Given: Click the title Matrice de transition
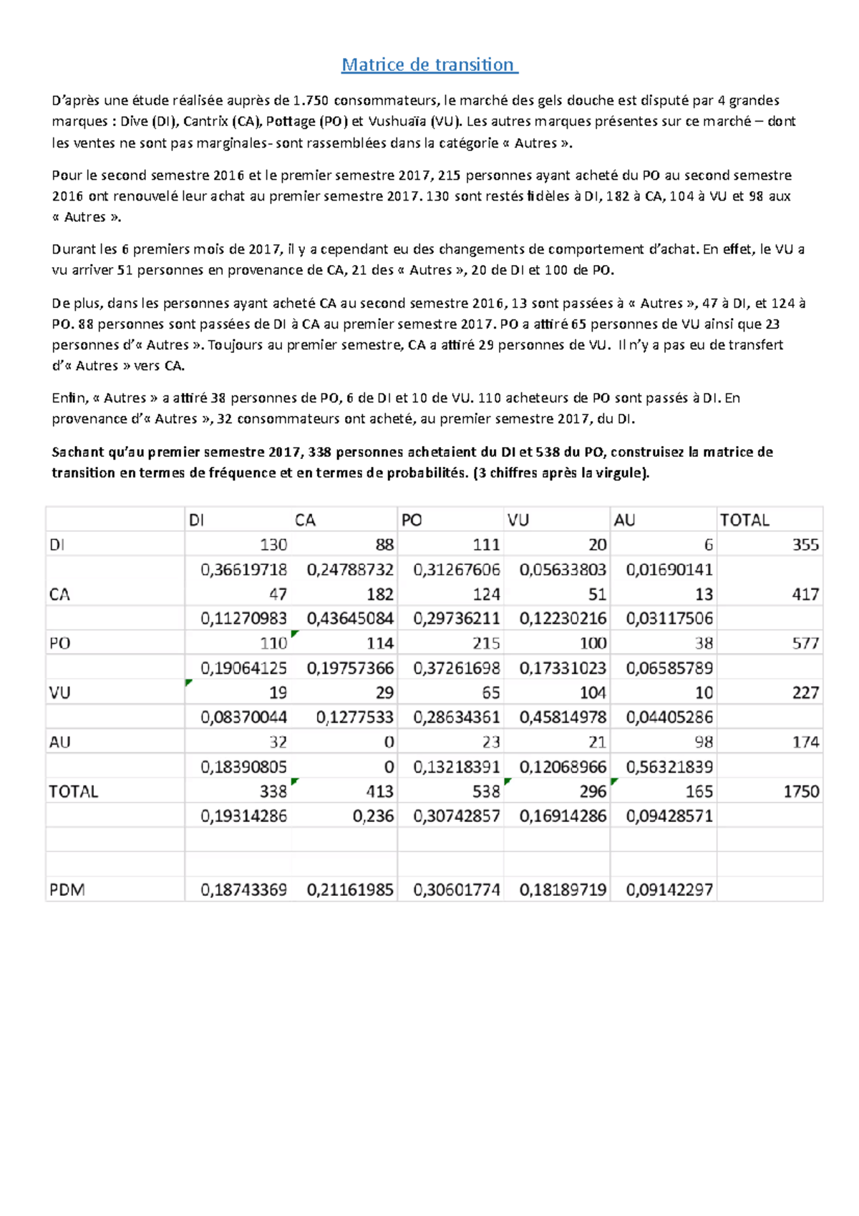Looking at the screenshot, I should pyautogui.click(x=429, y=64).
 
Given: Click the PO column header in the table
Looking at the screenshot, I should pyautogui.click(x=412, y=520).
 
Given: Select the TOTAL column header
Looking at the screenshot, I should pyautogui.click(x=744, y=520).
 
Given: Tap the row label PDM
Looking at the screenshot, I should pyautogui.click(x=67, y=890).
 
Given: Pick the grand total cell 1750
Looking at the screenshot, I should pyautogui.click(x=800, y=791).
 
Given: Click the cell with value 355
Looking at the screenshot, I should pyautogui.click(x=805, y=544).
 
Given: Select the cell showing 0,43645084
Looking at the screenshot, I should pyautogui.click(x=350, y=618).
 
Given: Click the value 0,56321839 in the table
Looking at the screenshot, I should pyautogui.click(x=669, y=767).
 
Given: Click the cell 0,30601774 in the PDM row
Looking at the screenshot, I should pyautogui.click(x=457, y=890).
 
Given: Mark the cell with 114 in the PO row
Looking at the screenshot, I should pyautogui.click(x=380, y=643).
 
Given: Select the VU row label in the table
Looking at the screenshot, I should pyautogui.click(x=59, y=693).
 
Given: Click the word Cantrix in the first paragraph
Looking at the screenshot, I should pyautogui.click(x=205, y=121).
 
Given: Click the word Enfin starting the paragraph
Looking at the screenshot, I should pyautogui.click(x=68, y=397).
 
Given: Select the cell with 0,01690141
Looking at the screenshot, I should pyautogui.click(x=669, y=569).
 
